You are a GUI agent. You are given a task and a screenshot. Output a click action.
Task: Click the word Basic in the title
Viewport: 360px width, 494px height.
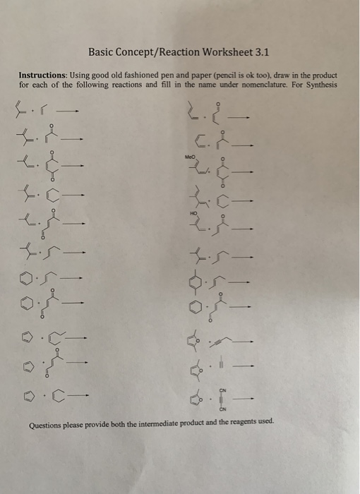102,52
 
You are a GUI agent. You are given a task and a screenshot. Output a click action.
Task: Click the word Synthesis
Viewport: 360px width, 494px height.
319,85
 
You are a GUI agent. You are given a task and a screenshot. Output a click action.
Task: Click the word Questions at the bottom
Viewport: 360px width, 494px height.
47,425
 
